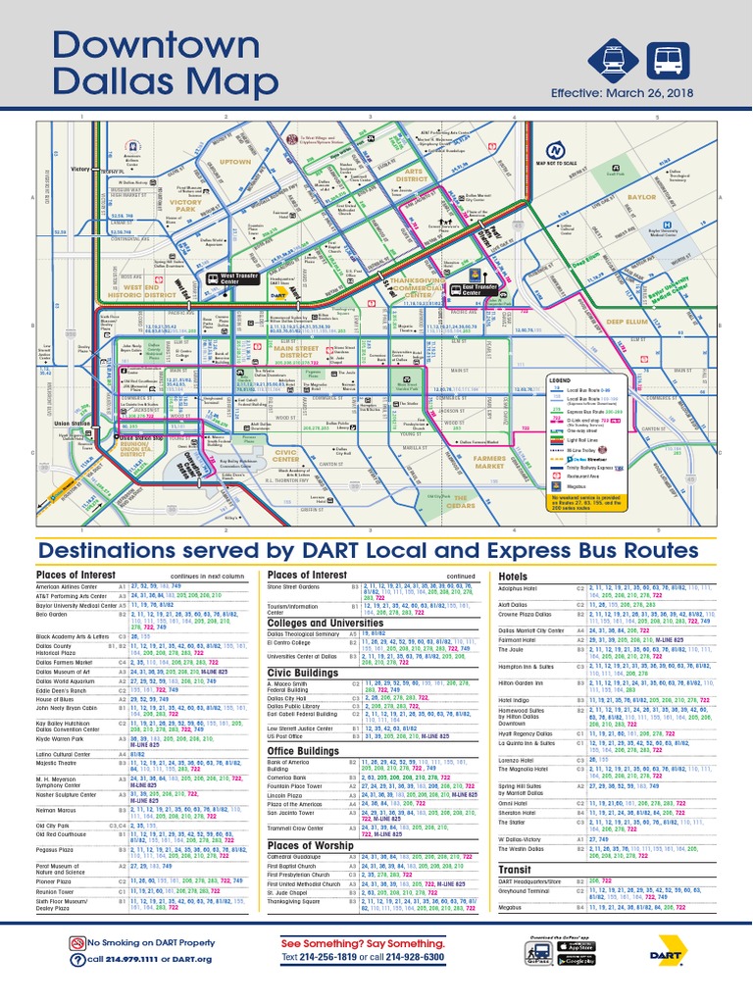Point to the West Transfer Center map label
point(239,278)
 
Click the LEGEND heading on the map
point(558,379)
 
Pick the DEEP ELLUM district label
point(629,321)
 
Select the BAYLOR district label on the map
point(642,197)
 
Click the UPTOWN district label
point(235,161)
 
